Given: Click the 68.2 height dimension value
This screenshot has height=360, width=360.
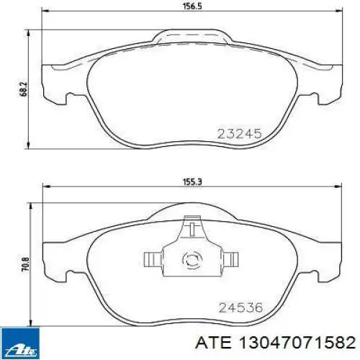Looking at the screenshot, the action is point(24,89).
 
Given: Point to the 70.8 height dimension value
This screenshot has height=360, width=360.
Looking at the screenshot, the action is point(25,264).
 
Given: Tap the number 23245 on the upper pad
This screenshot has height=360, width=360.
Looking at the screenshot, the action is point(239,134).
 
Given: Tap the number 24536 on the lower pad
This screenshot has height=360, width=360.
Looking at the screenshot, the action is point(240,307).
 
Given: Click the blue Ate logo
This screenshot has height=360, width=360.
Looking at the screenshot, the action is point(20,343).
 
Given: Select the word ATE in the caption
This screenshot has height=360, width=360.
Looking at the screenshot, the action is point(213,342).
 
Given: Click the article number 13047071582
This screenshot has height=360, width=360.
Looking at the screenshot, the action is point(297,342).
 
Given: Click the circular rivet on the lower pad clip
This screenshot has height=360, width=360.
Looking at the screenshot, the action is point(192,259).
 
